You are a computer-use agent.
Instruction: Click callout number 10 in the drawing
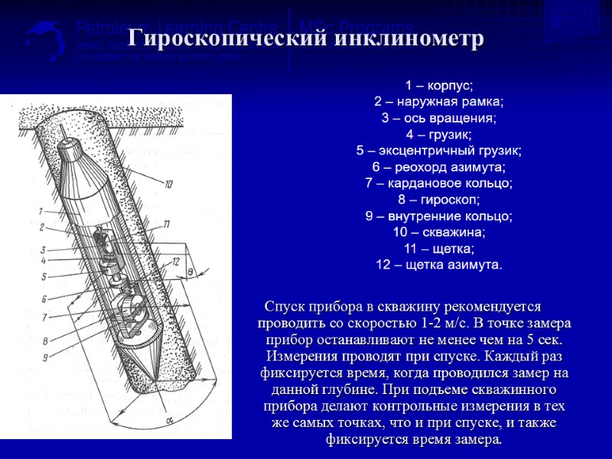pyautogui.click(x=168, y=183)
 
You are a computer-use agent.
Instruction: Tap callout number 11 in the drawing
pyautogui.click(x=166, y=223)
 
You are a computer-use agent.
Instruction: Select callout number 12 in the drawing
pyautogui.click(x=175, y=262)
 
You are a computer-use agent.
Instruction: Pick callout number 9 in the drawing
pyautogui.click(x=45, y=357)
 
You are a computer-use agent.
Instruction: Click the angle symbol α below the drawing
pyautogui.click(x=168, y=420)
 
